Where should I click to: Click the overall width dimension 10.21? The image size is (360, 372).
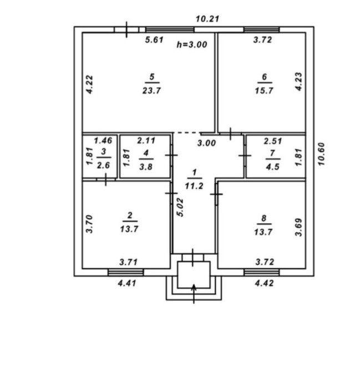tap(207, 19)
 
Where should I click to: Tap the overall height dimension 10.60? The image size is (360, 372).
tap(321, 154)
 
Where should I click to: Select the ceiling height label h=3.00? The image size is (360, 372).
tap(192, 44)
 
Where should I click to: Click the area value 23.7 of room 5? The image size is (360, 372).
tap(151, 91)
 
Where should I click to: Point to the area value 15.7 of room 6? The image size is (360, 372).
tap(264, 91)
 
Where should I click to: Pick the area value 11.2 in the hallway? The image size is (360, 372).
tap(194, 186)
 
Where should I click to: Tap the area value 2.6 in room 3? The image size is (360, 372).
tap(103, 165)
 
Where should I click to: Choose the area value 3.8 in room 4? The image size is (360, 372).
tap(146, 167)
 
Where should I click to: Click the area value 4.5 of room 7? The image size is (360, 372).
tap(272, 167)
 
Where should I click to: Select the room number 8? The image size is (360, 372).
tap(264, 218)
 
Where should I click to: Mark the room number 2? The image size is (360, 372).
tap(130, 215)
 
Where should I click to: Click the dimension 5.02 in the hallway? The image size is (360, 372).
tap(180, 207)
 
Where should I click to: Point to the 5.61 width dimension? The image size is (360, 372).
tap(154, 39)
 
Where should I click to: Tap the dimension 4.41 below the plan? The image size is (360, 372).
tap(127, 283)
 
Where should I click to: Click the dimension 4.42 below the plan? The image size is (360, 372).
tap(264, 283)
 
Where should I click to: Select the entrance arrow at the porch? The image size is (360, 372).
tap(194, 294)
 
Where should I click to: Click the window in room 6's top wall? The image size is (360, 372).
tap(262, 29)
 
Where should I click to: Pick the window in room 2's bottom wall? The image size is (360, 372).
tap(125, 272)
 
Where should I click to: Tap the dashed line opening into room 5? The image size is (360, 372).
tap(187, 132)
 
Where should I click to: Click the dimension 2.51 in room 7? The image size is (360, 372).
tap(273, 141)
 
